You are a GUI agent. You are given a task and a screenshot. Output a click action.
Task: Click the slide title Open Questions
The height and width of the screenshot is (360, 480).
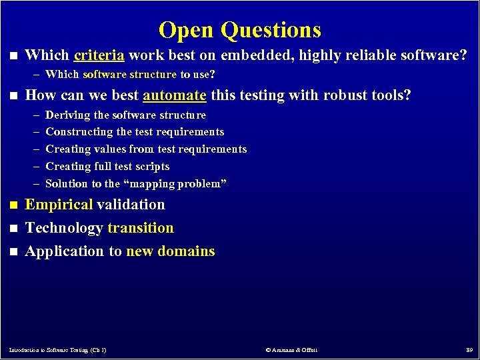[240, 30]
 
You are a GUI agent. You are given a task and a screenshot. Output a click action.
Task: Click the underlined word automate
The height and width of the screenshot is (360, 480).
[174, 95]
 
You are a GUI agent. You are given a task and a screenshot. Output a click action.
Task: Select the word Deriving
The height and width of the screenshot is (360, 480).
[67, 115]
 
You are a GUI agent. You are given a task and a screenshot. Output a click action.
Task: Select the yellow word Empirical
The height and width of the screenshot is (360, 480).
[59, 205]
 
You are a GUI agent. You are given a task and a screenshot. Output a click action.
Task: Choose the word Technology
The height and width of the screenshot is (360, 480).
[64, 228]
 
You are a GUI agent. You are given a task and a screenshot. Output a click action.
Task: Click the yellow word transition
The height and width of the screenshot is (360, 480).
[141, 228]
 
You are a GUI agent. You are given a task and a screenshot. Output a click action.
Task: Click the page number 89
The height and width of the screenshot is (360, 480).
[469, 350]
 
